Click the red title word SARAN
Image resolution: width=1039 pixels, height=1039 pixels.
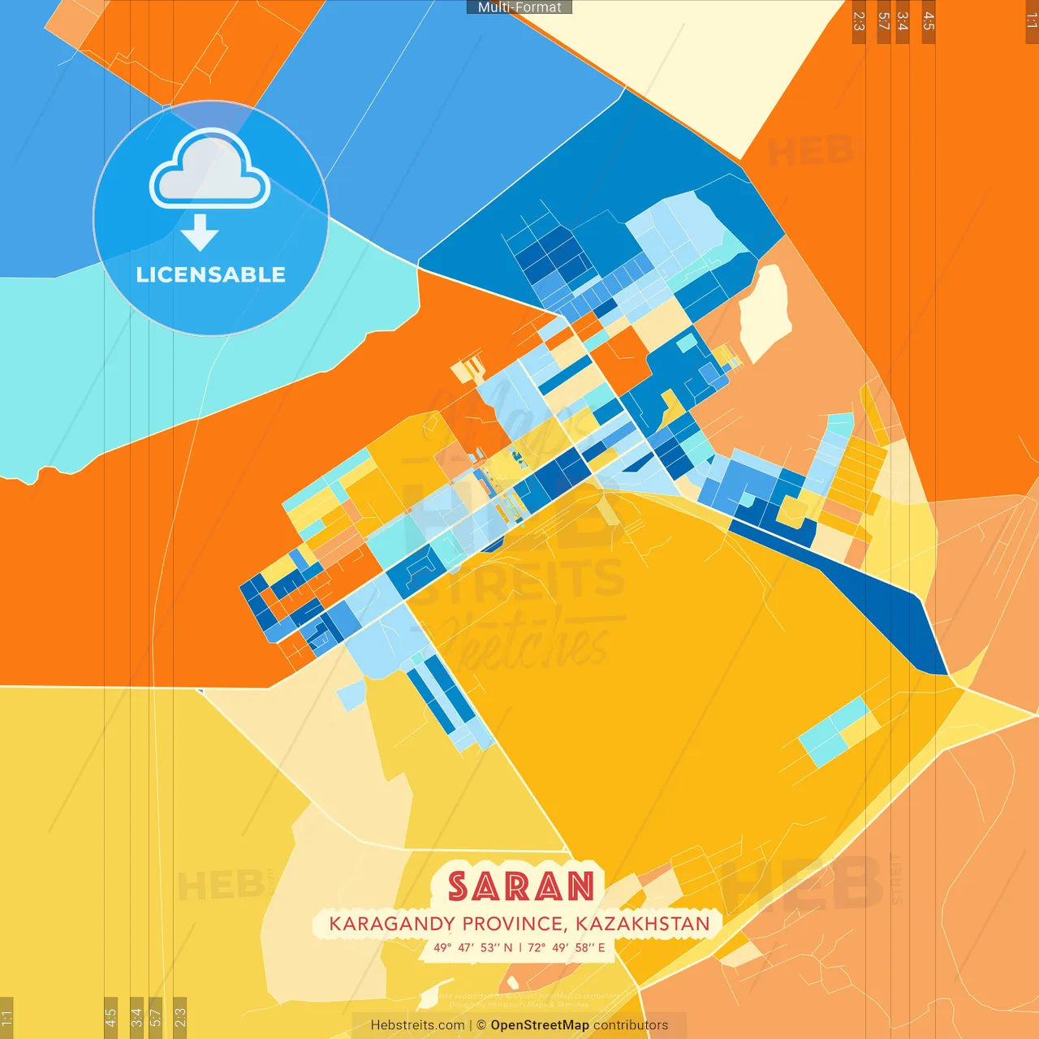point(520,886)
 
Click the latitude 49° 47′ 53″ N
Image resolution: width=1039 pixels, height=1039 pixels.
point(472,947)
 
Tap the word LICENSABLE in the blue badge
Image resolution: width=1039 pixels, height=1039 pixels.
point(211,275)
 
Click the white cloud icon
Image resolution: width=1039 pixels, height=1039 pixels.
point(209,170)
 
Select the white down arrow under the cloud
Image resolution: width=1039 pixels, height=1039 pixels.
point(200,233)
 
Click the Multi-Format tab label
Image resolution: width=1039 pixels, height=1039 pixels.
point(519,7)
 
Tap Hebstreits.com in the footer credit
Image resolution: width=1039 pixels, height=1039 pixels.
point(417,1025)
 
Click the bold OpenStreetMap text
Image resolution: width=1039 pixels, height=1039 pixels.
point(540,1025)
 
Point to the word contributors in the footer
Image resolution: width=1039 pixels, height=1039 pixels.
point(631,1025)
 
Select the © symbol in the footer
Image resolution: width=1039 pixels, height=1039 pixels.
point(481,1025)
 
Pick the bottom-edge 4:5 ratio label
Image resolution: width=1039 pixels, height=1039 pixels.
point(110,1017)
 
